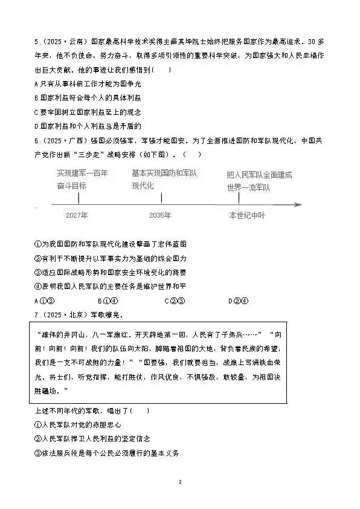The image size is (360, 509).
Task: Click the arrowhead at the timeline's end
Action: pos(298,204)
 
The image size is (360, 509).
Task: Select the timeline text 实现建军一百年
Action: pos(83,173)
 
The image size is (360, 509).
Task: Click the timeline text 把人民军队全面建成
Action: pos(260,174)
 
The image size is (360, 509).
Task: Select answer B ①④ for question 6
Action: pos(108,301)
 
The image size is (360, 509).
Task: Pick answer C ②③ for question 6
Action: pos(175,301)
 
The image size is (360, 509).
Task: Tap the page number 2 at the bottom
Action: pos(180,482)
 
